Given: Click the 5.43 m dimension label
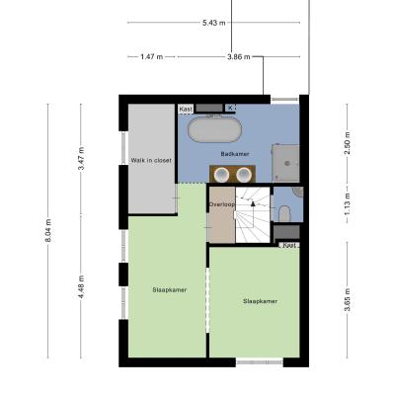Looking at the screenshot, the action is [x=214, y=23].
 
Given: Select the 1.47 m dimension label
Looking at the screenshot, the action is [x=152, y=57].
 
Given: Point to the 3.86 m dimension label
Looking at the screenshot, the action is [x=239, y=57].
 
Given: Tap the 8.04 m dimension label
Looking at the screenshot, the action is [x=48, y=231].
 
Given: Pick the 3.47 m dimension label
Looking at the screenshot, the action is [x=81, y=158].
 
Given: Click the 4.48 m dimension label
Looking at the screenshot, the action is [x=81, y=286].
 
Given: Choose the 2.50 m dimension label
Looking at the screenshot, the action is [x=348, y=143].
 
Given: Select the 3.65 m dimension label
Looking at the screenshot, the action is [x=348, y=299].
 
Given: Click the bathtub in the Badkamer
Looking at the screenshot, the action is [x=214, y=130].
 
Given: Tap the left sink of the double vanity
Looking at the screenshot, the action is [x=221, y=175].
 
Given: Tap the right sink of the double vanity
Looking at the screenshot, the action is [x=244, y=175].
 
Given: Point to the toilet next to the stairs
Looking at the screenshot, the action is [x=284, y=214].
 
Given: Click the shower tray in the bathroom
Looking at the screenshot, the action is [x=285, y=163].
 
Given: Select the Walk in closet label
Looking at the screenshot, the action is [x=151, y=161].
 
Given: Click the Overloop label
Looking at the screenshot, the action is [x=222, y=204].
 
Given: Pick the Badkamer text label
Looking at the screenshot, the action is [x=235, y=154].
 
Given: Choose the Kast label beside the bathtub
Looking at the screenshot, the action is [x=186, y=109].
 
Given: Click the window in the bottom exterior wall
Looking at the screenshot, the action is [x=260, y=362].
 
